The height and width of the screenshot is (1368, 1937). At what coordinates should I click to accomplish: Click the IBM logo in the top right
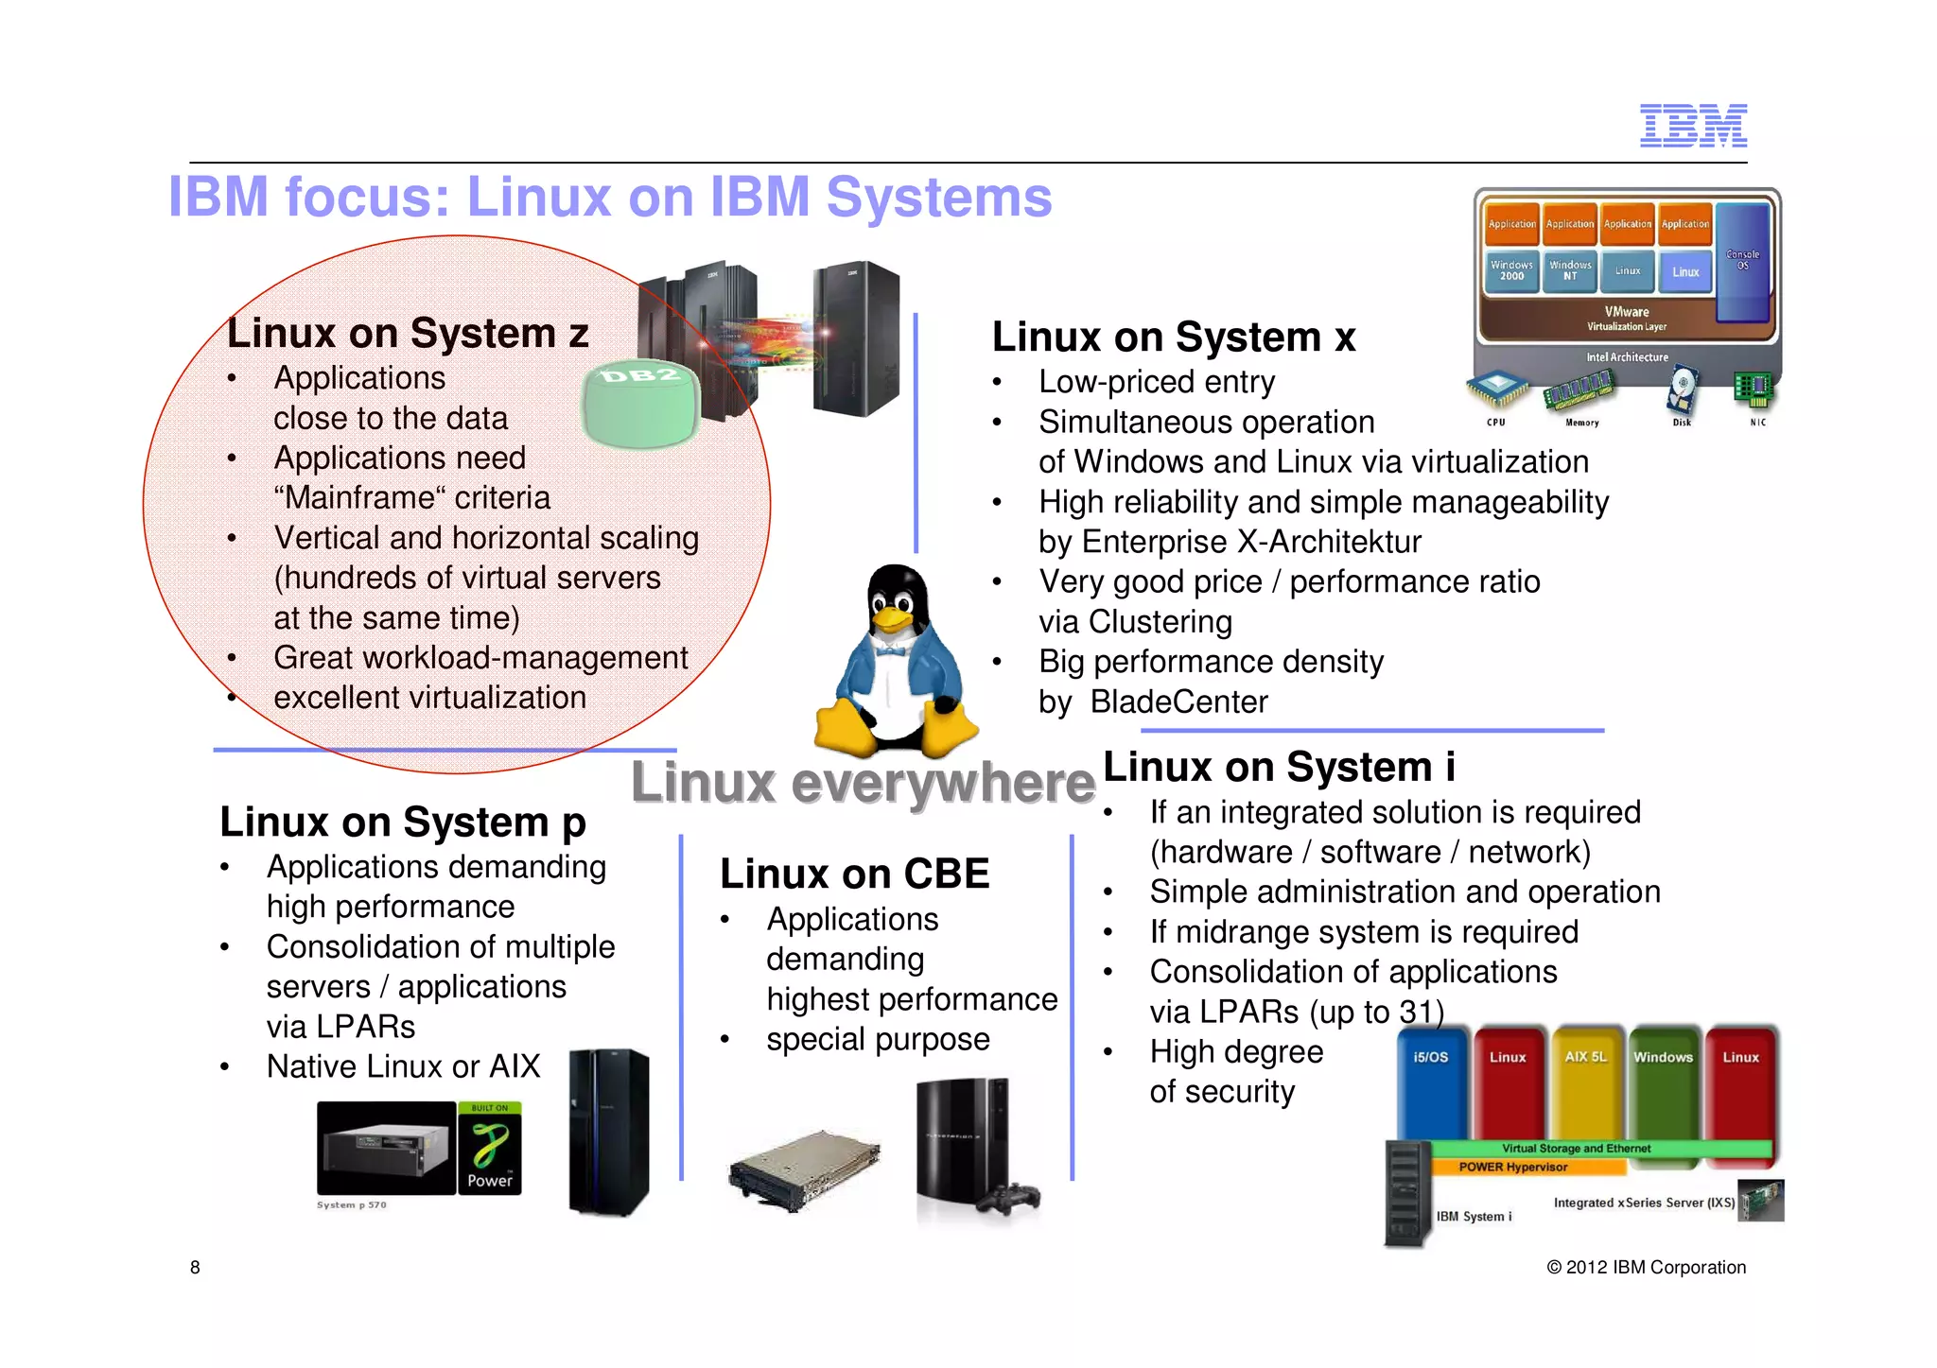click(x=1693, y=126)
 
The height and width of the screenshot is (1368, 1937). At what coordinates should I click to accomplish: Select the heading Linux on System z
click(x=408, y=334)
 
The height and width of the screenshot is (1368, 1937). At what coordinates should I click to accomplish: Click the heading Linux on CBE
click(x=854, y=874)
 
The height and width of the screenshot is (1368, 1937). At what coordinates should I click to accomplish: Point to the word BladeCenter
click(x=1178, y=702)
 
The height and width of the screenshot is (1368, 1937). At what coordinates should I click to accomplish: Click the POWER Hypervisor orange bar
click(x=1513, y=1168)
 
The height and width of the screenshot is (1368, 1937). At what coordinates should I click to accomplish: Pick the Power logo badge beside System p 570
click(x=490, y=1149)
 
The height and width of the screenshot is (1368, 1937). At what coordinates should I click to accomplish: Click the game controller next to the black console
click(x=1010, y=1198)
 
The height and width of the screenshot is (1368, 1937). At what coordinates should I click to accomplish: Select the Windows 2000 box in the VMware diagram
click(x=1511, y=271)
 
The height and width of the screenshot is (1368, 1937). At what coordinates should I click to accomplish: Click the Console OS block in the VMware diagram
click(x=1742, y=262)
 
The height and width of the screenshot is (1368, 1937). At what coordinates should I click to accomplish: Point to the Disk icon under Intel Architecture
click(x=1683, y=390)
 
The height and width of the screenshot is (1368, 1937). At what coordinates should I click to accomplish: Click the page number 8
click(x=195, y=1268)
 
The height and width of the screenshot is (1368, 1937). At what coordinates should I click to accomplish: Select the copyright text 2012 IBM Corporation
click(x=1646, y=1268)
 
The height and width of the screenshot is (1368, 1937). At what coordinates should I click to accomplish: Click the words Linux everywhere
click(x=863, y=783)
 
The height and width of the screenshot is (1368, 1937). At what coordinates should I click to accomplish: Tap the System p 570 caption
click(x=351, y=1205)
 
